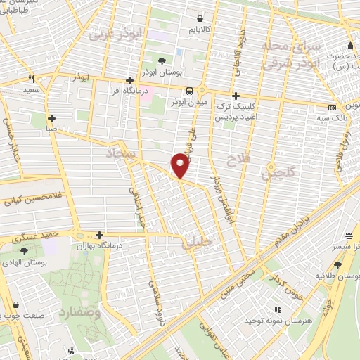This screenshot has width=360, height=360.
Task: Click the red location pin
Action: pos(181,165)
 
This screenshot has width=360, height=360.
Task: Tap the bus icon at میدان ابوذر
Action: pos(190,91)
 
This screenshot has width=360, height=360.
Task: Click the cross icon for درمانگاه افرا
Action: pos(129,81)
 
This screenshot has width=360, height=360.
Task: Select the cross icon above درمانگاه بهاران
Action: pos(99,235)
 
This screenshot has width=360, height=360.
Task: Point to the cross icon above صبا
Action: pos(51,118)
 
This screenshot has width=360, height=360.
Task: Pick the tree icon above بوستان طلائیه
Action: pos(337,264)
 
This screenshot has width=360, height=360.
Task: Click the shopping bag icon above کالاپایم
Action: pos(202,19)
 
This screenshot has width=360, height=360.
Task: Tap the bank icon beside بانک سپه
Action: pos(333,108)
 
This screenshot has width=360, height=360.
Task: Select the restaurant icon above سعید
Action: pos(30,79)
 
